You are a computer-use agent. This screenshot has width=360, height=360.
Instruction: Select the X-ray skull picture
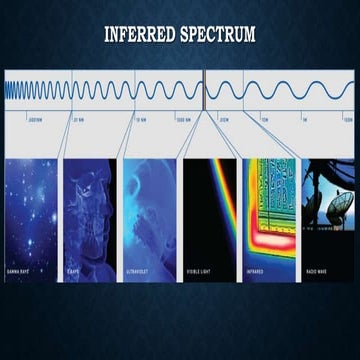[91, 210]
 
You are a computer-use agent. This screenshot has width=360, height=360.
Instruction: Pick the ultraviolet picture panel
[150, 210]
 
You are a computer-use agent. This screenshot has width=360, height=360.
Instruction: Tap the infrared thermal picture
[268, 210]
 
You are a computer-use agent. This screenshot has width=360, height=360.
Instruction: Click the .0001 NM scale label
[35, 118]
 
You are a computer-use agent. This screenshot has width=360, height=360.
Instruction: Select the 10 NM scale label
[139, 118]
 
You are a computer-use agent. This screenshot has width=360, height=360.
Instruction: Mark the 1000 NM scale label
[182, 118]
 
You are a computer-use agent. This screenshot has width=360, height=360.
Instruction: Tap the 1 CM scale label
[265, 118]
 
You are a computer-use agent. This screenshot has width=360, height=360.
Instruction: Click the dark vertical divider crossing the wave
[205, 90]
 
